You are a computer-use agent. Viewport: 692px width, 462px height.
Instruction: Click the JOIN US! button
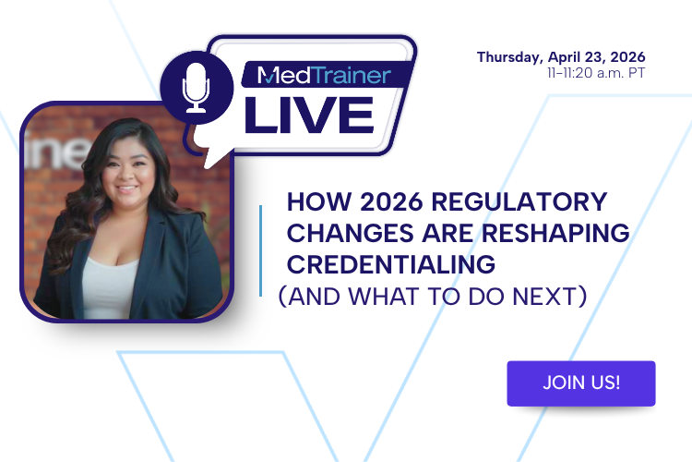pyautogui.click(x=580, y=383)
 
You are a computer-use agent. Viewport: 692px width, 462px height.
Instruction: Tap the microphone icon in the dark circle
pyautogui.click(x=197, y=89)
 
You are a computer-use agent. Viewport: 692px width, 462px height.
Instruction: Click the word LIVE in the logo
pyautogui.click(x=308, y=113)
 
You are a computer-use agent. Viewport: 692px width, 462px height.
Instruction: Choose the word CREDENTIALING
pyautogui.click(x=391, y=264)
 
